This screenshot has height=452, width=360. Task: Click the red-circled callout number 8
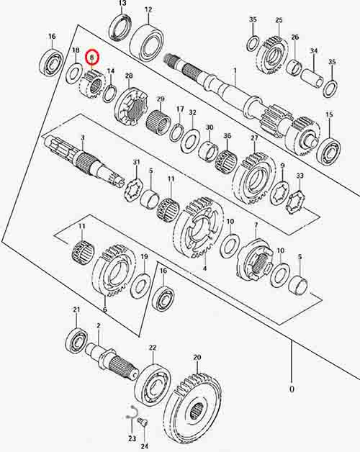92,58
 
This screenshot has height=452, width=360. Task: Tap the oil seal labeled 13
121,27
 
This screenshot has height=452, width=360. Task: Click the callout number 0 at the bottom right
292,389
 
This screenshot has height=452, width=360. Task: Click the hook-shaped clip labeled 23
132,412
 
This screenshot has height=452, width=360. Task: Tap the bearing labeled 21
76,340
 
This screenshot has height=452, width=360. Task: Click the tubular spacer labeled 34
312,77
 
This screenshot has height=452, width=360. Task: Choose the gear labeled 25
272,55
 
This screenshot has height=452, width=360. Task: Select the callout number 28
129,76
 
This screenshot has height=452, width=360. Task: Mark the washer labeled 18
74,74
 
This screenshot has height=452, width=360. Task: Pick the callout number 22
153,348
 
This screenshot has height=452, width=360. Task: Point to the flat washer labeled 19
140,286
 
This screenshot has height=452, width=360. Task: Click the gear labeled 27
254,179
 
